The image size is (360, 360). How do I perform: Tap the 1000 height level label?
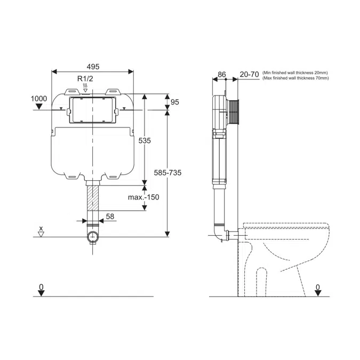(x=38, y=99)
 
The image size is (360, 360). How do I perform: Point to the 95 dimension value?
(x=175, y=101)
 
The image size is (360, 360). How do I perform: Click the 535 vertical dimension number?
(x=145, y=141)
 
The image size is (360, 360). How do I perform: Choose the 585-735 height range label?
(x=167, y=173)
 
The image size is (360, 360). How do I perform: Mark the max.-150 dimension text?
(x=143, y=197)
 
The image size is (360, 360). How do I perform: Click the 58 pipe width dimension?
(x=110, y=217)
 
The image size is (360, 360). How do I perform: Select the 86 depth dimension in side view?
(x=222, y=74)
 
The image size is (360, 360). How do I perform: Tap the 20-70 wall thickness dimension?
(x=249, y=74)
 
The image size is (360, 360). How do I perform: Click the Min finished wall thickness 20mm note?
(x=295, y=72)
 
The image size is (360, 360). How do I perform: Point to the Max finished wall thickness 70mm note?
(x=295, y=78)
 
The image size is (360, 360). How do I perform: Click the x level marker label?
(x=42, y=228)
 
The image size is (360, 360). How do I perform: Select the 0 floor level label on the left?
(x=41, y=287)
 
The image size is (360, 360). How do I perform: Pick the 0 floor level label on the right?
(x=317, y=287)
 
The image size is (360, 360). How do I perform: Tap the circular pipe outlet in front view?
(x=93, y=236)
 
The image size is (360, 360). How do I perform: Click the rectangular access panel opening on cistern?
(x=93, y=110)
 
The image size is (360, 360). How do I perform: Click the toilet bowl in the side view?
(x=283, y=251)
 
